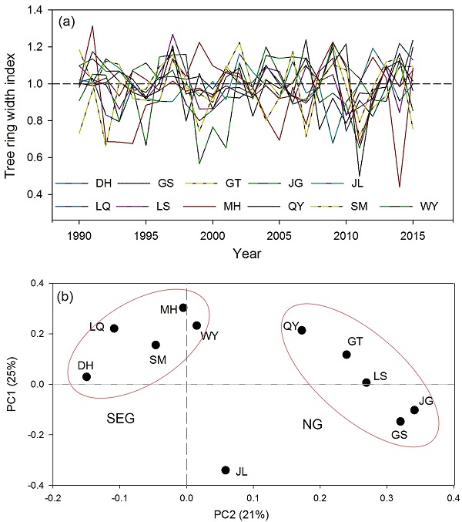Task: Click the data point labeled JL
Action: (226, 470)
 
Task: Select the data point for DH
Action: (87, 377)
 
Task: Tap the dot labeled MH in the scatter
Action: (183, 308)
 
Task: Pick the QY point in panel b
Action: (302, 331)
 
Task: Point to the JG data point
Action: (414, 410)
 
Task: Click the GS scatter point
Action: (400, 422)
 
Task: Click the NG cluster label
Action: (312, 424)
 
